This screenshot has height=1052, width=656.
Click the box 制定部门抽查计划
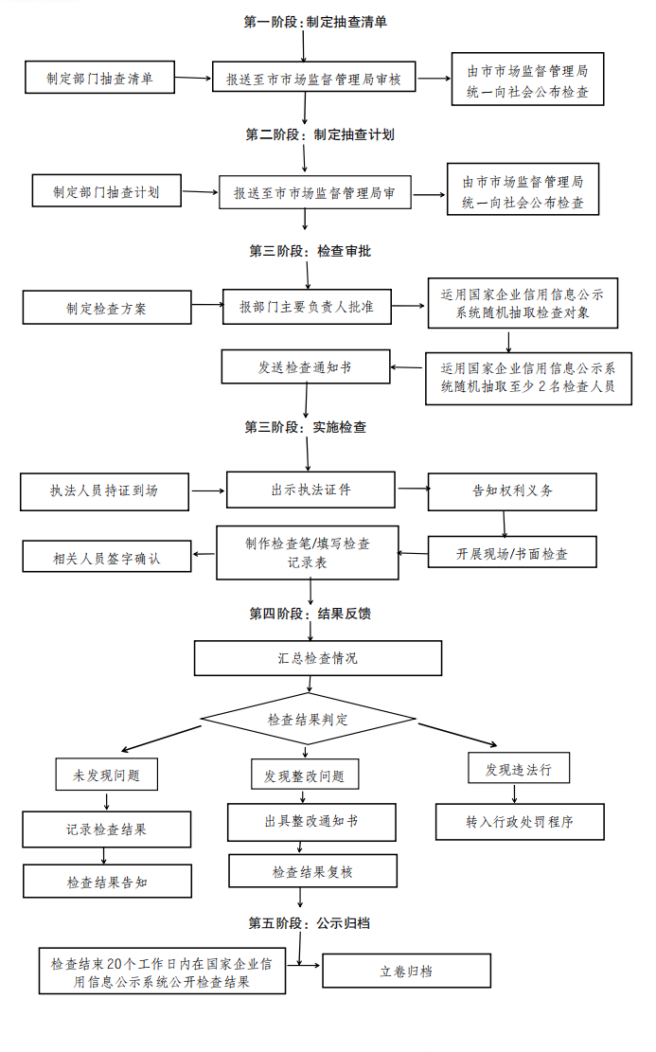click(x=106, y=190)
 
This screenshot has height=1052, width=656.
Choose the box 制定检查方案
click(x=106, y=308)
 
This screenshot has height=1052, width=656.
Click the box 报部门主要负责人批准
click(x=306, y=306)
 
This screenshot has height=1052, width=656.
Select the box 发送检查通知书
click(x=305, y=366)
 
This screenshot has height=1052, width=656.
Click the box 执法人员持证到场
click(x=104, y=490)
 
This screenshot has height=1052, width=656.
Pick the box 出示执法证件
click(x=310, y=489)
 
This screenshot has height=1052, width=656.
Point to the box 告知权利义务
click(x=512, y=491)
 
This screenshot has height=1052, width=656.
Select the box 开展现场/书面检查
click(x=511, y=552)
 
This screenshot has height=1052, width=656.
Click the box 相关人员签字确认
click(x=106, y=558)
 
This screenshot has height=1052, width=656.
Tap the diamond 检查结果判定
click(x=308, y=720)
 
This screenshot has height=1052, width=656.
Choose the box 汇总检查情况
click(x=318, y=658)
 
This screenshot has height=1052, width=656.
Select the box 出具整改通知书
click(x=310, y=821)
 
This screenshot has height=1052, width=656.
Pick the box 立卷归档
click(x=406, y=971)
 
